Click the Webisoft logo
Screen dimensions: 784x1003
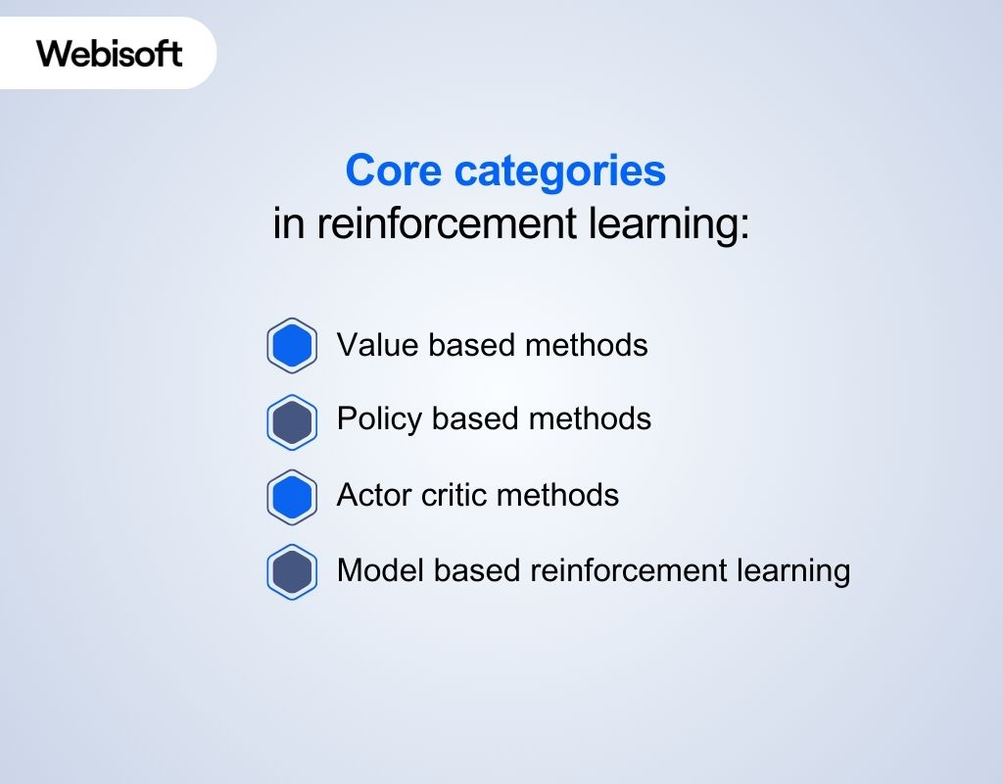click(110, 53)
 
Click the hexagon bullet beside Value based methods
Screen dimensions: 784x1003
click(292, 346)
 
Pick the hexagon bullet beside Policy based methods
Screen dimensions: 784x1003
click(292, 421)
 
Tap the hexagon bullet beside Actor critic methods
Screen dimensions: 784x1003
click(292, 497)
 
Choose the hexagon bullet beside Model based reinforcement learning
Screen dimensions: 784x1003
click(292, 571)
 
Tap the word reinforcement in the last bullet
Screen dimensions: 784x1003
click(618, 569)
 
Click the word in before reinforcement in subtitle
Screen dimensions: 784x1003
click(289, 224)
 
